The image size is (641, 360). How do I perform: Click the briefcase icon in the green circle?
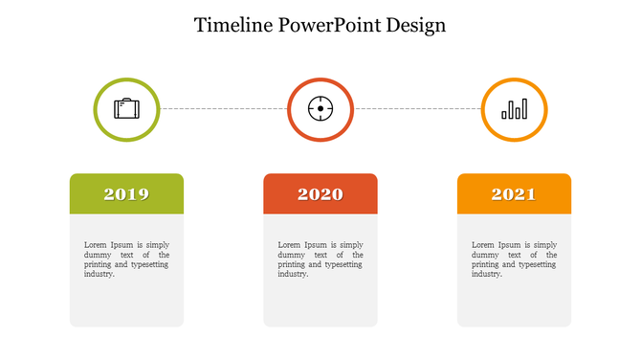(126, 109)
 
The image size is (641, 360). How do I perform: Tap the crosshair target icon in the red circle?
(320, 109)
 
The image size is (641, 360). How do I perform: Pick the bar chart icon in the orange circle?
(514, 109)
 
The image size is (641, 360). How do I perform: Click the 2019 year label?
(126, 194)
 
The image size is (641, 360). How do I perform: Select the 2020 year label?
(320, 194)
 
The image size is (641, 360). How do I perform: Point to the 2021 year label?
(514, 194)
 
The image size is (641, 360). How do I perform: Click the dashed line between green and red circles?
(223, 109)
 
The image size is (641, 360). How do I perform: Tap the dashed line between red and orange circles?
(417, 109)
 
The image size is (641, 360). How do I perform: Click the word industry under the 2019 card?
(99, 274)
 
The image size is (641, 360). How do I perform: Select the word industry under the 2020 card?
(293, 274)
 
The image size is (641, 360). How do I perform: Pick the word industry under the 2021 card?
(486, 274)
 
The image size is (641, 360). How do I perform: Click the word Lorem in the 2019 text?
(96, 245)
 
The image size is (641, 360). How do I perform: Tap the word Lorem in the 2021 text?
(483, 245)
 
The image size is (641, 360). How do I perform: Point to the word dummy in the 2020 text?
(291, 255)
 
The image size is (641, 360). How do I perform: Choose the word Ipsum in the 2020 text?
(320, 245)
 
